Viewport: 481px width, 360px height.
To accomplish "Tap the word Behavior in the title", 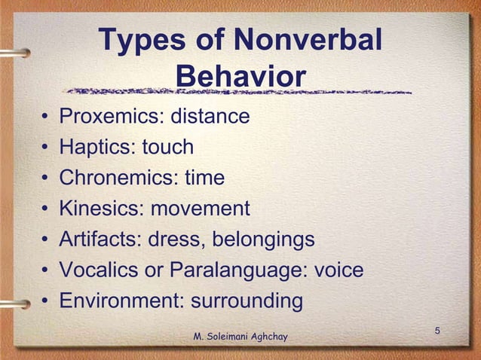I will coord(240,76).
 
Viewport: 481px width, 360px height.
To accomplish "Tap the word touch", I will coord(168,148).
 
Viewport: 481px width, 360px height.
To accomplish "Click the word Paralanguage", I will coord(237,270).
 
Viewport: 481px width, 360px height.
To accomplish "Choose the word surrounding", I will coord(247,302).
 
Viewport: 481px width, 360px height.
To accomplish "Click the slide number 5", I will coord(437,331).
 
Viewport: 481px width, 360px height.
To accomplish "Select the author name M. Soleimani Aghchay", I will coord(240,334).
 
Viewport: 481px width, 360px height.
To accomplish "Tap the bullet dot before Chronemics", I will coord(47,179).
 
